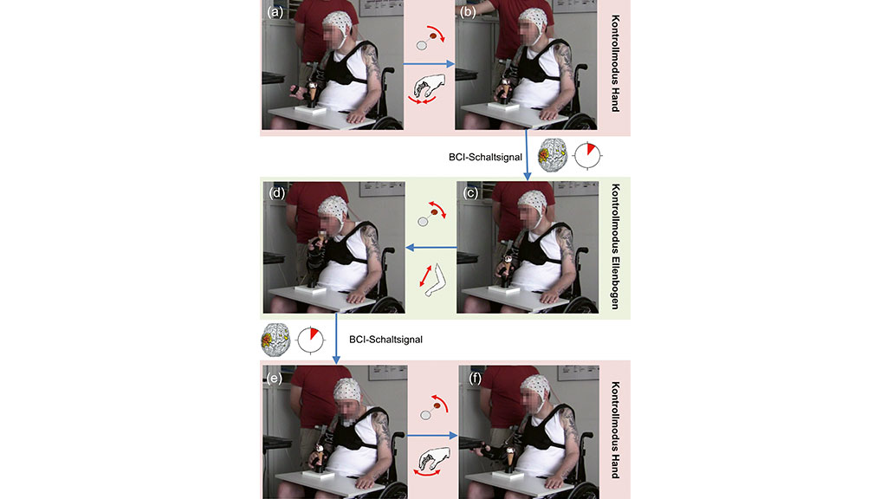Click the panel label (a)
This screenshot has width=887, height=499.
coord(275,12)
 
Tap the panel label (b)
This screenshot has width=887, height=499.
coord(468,12)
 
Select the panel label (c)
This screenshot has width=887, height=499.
coord(470,193)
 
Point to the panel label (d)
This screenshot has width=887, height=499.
coord(277,193)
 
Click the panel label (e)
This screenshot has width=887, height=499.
coord(275,378)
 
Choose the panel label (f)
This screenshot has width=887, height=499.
coord(476,378)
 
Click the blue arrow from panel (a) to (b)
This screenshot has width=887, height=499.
coord(430,64)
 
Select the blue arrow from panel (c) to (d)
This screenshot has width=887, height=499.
coord(431,247)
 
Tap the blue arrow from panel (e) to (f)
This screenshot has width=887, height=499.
coord(432,436)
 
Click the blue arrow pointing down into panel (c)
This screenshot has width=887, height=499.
coord(528,155)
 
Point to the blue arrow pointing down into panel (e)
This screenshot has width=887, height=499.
coord(336,339)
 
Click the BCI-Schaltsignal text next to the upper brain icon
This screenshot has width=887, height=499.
coord(485,158)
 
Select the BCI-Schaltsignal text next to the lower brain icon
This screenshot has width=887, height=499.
coord(385,340)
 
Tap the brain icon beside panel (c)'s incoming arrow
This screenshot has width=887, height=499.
coord(553,156)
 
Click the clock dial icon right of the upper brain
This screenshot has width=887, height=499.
coord(588,155)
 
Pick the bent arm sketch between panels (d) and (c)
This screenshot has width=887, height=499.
coord(431,280)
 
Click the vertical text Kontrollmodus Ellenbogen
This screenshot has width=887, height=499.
coord(616,247)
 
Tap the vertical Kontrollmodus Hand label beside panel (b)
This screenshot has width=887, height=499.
coord(616,63)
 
